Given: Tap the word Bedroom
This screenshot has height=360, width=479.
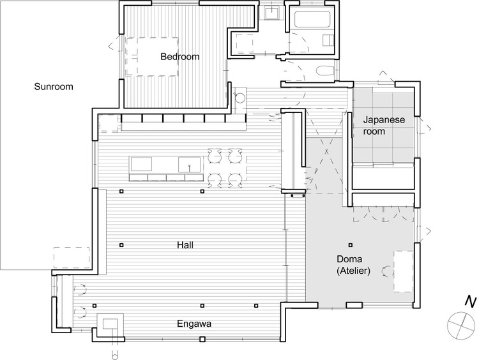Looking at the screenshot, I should pos(179,57).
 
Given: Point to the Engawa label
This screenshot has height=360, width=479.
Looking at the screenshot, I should pos(194,324).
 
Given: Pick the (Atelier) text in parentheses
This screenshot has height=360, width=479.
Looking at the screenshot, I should pos(349,271).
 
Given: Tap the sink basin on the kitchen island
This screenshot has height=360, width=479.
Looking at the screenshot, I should pos(189,165).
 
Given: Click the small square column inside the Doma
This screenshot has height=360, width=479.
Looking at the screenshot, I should pos(349,245).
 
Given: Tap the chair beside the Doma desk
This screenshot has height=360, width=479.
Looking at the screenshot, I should pos(387,270).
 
